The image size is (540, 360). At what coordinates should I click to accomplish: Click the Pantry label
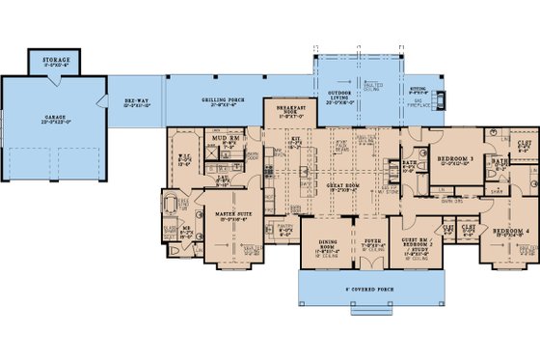click(x=285, y=228)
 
